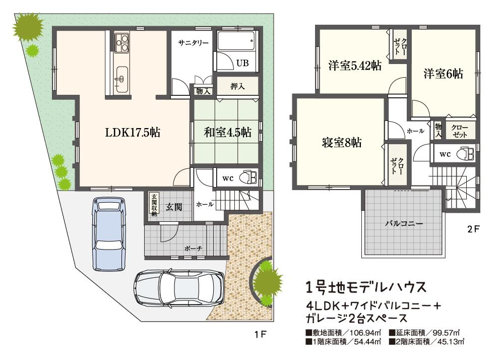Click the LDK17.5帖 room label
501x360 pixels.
click(x=133, y=133)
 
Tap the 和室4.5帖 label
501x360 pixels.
click(x=227, y=133)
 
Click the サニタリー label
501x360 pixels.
click(x=193, y=43)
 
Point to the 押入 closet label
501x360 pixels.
click(x=237, y=86)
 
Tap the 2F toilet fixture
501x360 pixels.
click(x=465, y=154)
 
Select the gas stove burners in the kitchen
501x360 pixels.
click(x=121, y=43)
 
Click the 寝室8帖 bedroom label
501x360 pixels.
click(x=341, y=143)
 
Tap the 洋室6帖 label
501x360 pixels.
click(x=443, y=74)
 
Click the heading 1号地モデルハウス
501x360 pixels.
click(x=366, y=287)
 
